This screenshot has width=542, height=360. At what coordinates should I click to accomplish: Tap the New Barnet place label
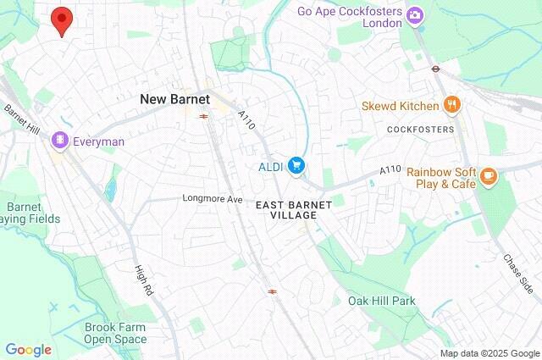[174, 99]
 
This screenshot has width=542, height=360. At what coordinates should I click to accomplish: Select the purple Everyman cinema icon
[59, 140]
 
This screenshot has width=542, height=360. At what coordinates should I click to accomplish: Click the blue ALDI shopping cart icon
[296, 165]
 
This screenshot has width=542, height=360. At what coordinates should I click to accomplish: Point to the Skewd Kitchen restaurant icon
[453, 106]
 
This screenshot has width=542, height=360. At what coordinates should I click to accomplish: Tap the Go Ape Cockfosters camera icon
[415, 14]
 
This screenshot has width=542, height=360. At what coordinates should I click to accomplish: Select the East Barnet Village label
[286, 209]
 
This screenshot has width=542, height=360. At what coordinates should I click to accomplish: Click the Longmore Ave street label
[213, 198]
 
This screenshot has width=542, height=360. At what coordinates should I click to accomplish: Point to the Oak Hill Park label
[381, 301]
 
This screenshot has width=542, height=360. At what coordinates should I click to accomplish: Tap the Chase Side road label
[519, 269]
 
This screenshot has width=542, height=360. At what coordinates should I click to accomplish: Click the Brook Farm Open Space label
[115, 333]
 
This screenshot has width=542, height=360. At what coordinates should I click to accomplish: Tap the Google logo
[28, 349]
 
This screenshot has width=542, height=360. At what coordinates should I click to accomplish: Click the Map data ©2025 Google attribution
[489, 353]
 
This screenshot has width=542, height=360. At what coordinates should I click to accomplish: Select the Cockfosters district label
[420, 130]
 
